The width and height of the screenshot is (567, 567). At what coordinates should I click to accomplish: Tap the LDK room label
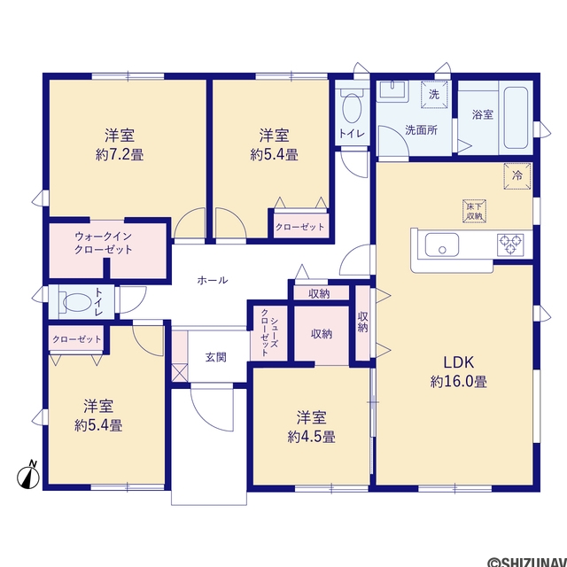(459, 362)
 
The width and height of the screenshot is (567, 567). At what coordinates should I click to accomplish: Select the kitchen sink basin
(441, 245)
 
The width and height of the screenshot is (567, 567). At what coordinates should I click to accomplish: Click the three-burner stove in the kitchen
(510, 245)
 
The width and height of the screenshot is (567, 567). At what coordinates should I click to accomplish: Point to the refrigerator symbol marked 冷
(517, 176)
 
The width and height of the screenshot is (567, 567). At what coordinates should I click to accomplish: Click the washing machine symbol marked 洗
(434, 95)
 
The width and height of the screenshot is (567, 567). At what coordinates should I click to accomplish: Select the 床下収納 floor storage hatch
(474, 211)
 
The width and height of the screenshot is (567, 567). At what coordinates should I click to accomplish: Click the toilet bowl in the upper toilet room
(352, 107)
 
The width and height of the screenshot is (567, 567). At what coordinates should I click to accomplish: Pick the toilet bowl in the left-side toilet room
(77, 301)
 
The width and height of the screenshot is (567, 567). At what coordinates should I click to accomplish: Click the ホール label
(213, 280)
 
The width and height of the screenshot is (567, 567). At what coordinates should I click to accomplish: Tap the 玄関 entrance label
(216, 357)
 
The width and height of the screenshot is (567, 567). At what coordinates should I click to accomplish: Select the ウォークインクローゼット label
(103, 243)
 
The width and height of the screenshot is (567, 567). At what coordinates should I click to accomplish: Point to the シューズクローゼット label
(269, 332)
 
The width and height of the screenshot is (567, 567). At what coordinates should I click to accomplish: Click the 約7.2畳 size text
(120, 155)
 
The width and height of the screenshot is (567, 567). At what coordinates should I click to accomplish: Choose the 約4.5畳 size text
(311, 437)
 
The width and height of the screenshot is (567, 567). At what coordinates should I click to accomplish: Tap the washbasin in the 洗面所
(392, 90)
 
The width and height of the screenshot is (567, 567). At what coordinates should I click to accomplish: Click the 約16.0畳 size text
(459, 382)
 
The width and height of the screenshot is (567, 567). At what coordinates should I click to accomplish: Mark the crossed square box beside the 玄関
(180, 373)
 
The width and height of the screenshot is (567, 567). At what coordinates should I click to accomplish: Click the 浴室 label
(483, 115)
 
